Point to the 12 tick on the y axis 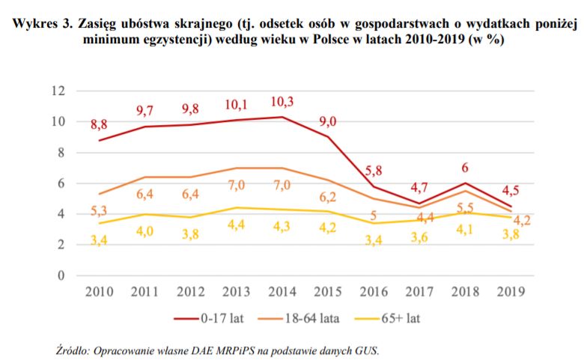click(58, 91)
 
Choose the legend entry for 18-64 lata click(311, 318)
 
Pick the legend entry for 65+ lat click(398, 318)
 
